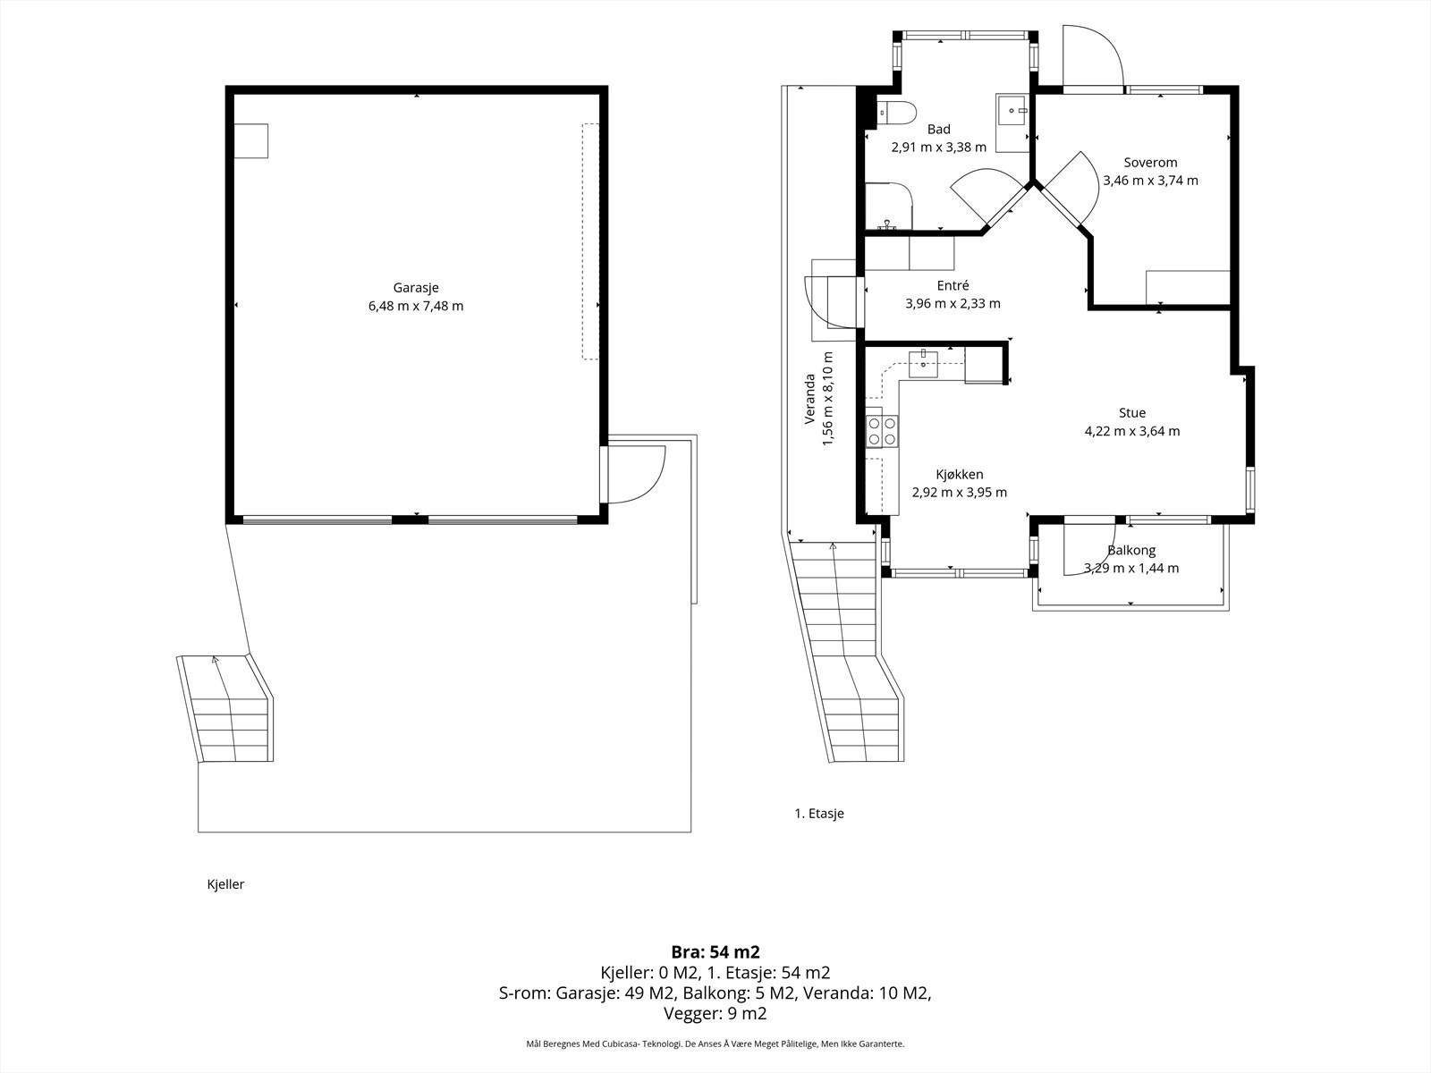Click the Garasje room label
pyautogui.click(x=416, y=287)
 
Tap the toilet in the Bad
pyautogui.click(x=897, y=114)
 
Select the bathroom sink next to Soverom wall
pyautogui.click(x=1012, y=110)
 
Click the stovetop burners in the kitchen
pyautogui.click(x=882, y=432)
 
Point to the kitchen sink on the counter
pyautogui.click(x=924, y=364)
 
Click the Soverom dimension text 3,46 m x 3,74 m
pyautogui.click(x=1151, y=181)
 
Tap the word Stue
pyautogui.click(x=1132, y=412)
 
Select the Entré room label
pyautogui.click(x=953, y=285)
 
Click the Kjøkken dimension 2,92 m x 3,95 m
pyautogui.click(x=960, y=493)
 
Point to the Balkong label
pyautogui.click(x=1131, y=551)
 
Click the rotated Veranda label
pyautogui.click(x=809, y=399)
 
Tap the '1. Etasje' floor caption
pyautogui.click(x=819, y=814)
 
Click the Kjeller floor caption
pyautogui.click(x=225, y=884)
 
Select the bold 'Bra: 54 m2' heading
pyautogui.click(x=715, y=952)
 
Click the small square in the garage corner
pyautogui.click(x=251, y=140)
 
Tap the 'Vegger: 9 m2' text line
pyautogui.click(x=715, y=1013)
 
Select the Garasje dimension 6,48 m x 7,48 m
pyautogui.click(x=416, y=306)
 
